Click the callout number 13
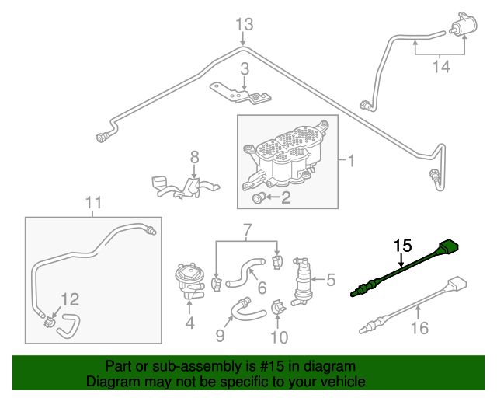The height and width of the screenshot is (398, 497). (x=244, y=25)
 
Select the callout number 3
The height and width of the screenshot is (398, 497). (x=244, y=68)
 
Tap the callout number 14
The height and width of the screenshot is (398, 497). (x=440, y=67)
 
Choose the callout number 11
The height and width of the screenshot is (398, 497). (x=93, y=204)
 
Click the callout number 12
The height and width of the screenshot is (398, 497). (x=70, y=298)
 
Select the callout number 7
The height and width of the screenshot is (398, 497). (x=247, y=231)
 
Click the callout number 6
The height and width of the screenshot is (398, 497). (x=262, y=288)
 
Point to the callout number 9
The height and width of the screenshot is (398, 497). (x=220, y=335)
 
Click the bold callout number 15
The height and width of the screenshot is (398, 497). (x=401, y=247)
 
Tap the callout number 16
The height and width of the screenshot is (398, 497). (x=419, y=329)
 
